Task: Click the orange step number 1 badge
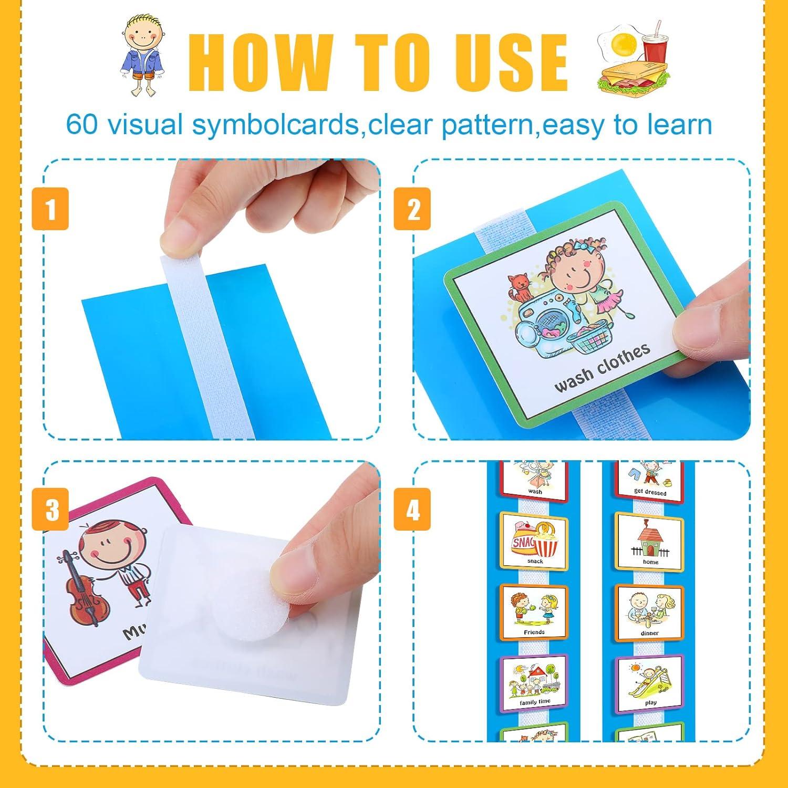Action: [x=50, y=209]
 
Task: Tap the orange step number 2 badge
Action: [x=413, y=209]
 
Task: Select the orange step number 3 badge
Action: [x=50, y=509]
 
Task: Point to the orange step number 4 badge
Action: [x=413, y=509]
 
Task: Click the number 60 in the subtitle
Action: [x=81, y=125]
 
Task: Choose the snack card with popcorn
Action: [x=534, y=541]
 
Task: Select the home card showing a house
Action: [x=650, y=541]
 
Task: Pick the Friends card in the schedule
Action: [x=534, y=612]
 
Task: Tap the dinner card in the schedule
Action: [x=650, y=612]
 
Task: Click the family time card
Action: [x=534, y=682]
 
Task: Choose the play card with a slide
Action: [x=650, y=682]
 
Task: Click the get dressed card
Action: [x=650, y=479]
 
